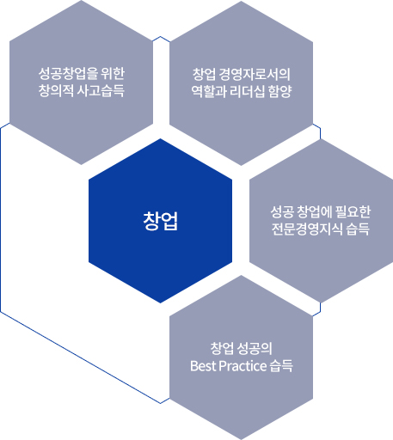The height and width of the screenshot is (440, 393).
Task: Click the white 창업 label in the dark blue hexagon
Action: pos(161,221)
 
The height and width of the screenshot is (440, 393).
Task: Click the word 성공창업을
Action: pos(68,74)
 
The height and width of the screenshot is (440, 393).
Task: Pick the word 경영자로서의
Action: pos(255,74)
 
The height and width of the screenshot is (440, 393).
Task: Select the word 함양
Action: pos(280,91)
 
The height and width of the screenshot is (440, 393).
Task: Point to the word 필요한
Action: pos(353,211)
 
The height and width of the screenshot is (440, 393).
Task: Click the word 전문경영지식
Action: pos(307,229)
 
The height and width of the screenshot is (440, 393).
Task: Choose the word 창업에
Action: pos(315,211)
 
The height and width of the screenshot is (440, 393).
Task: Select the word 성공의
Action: pos(255,349)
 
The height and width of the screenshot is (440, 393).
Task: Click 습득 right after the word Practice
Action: pos(281,366)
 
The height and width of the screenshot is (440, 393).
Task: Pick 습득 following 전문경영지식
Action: pos(358,229)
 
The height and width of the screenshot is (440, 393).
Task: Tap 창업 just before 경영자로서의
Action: pos(204,74)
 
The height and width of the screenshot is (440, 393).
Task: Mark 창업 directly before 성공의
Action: pos(222,349)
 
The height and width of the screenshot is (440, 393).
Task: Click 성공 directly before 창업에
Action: pos(282,211)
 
